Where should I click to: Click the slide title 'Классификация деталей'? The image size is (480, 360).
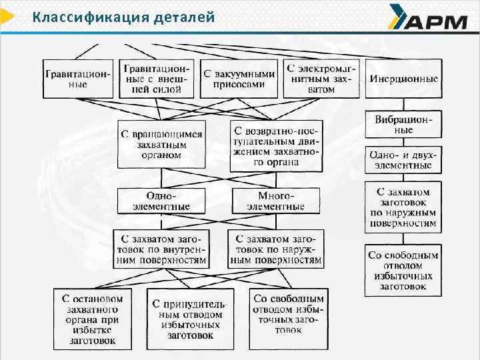tap(123, 17)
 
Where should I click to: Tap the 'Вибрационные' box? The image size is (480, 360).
tap(403, 125)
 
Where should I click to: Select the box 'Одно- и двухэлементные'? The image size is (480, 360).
tap(403, 159)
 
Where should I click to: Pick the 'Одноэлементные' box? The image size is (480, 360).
tap(161, 201)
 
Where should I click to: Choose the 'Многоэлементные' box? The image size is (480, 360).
tap(275, 201)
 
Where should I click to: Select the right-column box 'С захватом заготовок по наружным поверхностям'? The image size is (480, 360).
tap(403, 207)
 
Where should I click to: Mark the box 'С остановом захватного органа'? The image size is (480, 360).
tap(93, 319)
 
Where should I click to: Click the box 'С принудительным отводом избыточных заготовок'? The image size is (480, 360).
tap(191, 319)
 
